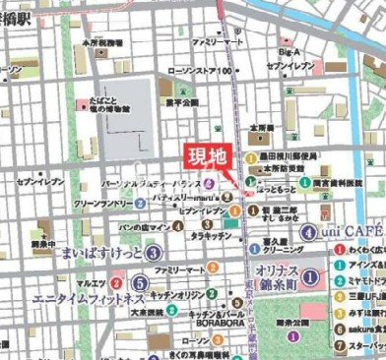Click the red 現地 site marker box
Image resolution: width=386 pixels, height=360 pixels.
click(x=206, y=156)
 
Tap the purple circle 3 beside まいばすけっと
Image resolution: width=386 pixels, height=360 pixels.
click(x=153, y=253)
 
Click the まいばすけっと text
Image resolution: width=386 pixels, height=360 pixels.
click(x=102, y=253)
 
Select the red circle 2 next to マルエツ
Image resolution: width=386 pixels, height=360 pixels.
click(x=116, y=281)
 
